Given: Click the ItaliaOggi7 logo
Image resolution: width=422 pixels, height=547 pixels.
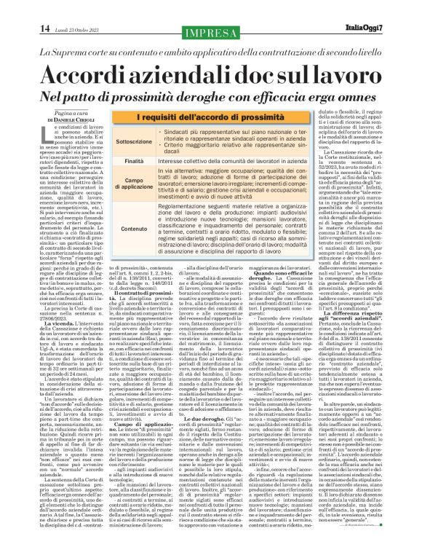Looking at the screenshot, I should pyautogui.click(x=391, y=29).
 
